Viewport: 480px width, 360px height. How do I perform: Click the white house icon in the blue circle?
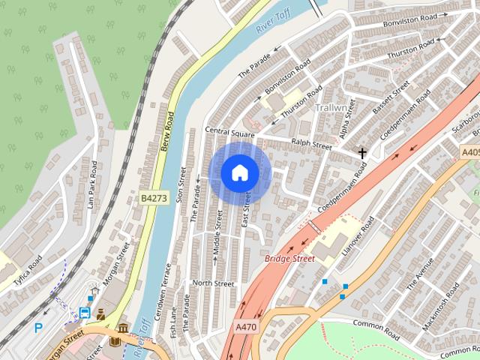(239, 173)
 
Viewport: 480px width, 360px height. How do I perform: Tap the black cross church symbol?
(362, 153)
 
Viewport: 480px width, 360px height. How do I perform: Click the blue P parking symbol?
(38, 328)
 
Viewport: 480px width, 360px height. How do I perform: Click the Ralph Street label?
(311, 144)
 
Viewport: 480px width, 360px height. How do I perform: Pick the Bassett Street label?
(391, 97)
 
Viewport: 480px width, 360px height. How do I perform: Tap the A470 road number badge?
(245, 327)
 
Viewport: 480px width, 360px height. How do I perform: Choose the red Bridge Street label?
(289, 259)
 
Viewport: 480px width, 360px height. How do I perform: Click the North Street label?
(213, 283)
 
